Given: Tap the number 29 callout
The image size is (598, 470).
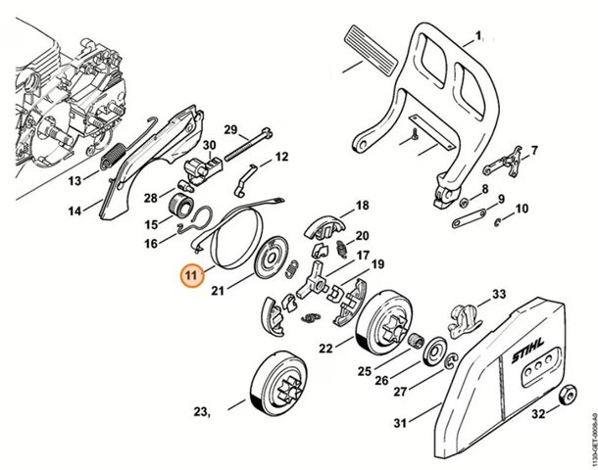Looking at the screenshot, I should (230, 130).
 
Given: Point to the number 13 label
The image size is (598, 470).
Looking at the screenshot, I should (73, 181).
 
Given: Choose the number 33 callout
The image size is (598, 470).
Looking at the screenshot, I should (498, 294).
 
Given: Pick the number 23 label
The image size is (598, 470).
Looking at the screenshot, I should (202, 412).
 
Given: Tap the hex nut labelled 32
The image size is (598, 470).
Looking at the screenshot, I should (566, 398).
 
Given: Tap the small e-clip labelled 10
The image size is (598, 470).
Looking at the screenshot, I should (500, 218).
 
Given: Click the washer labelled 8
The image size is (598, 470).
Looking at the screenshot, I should (462, 203).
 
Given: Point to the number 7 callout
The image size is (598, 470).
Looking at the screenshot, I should (534, 151).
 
